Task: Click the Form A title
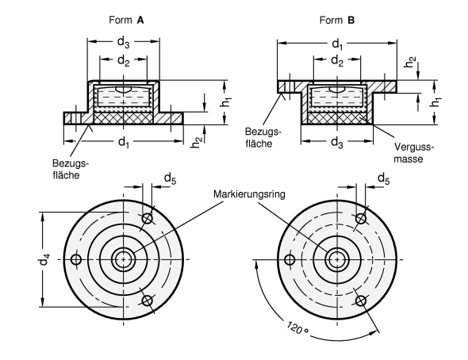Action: [126, 20]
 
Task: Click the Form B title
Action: [337, 20]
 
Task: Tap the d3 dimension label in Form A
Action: [123, 42]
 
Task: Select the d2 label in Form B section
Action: [337, 61]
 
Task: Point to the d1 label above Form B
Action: [338, 44]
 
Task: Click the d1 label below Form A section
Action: [124, 142]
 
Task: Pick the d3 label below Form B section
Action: [337, 143]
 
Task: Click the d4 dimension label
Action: [44, 259]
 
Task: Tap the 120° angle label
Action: [297, 328]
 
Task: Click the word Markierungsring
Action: [249, 194]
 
